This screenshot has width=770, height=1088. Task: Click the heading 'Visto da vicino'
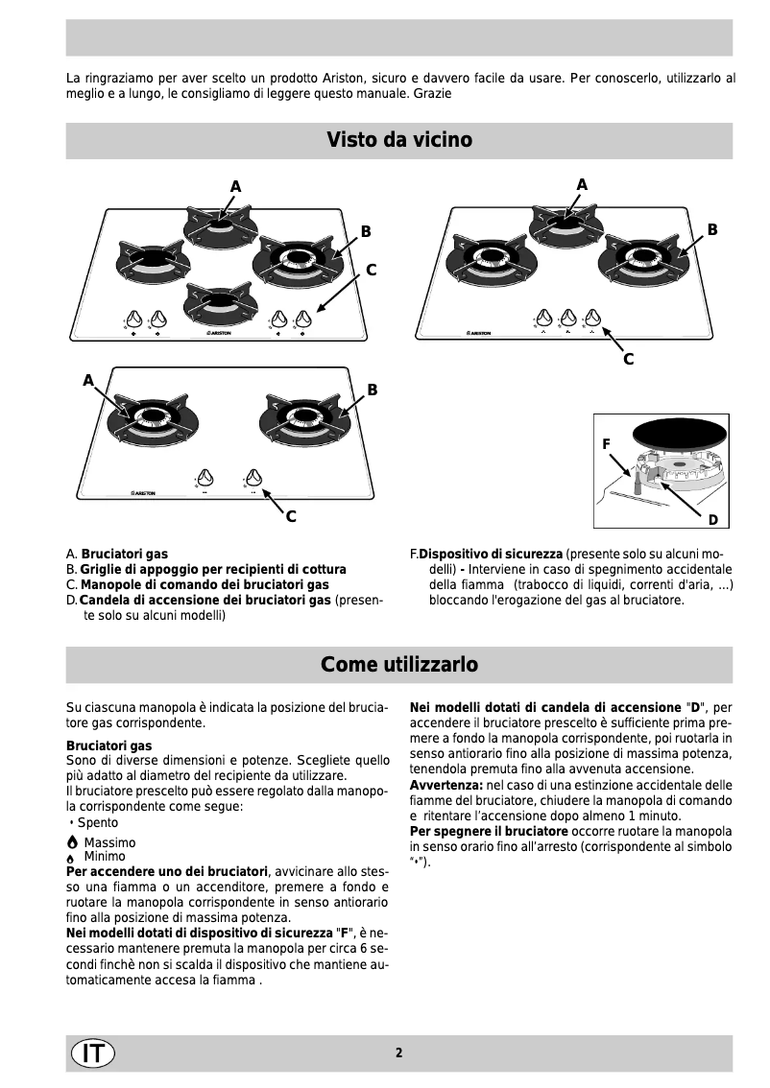click(x=398, y=140)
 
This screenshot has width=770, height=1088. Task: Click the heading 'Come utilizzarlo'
click(x=398, y=664)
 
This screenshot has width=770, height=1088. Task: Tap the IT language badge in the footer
click(x=92, y=1053)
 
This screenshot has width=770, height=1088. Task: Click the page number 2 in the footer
click(x=398, y=1053)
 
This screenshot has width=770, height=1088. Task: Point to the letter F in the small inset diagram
click(x=606, y=444)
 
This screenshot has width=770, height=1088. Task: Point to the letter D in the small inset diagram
click(x=713, y=519)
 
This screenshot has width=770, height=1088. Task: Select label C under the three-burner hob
click(x=628, y=359)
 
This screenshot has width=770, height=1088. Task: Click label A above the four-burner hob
click(x=235, y=185)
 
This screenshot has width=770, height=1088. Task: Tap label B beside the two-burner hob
click(x=373, y=390)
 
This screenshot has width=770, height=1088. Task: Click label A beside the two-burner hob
click(x=88, y=380)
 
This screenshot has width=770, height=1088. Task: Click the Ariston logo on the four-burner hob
click(x=222, y=335)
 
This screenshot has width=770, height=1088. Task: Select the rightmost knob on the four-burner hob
click(x=305, y=318)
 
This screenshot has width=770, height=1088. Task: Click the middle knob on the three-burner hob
click(x=569, y=317)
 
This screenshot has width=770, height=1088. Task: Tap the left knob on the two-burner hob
click(x=205, y=477)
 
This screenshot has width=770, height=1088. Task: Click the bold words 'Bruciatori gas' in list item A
click(x=125, y=555)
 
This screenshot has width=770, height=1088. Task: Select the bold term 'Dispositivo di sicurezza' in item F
click(x=491, y=555)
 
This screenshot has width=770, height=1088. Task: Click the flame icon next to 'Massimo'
click(x=72, y=842)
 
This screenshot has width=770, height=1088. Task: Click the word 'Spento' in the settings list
click(x=98, y=822)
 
